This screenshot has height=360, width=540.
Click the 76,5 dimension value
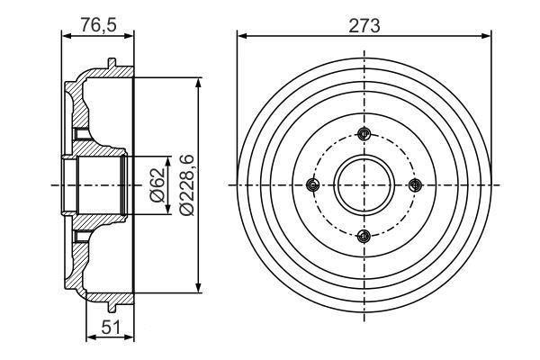98,25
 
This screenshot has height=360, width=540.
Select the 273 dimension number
364,25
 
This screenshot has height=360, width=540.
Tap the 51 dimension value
111,327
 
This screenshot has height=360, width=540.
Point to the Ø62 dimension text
158,185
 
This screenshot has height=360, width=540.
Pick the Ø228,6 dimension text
187,185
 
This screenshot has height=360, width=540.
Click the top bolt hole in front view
364,134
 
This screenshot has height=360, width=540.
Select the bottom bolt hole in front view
364,237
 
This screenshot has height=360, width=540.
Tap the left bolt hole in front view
312,185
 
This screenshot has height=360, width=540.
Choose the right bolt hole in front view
415,185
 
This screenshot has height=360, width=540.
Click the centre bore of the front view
364,185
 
